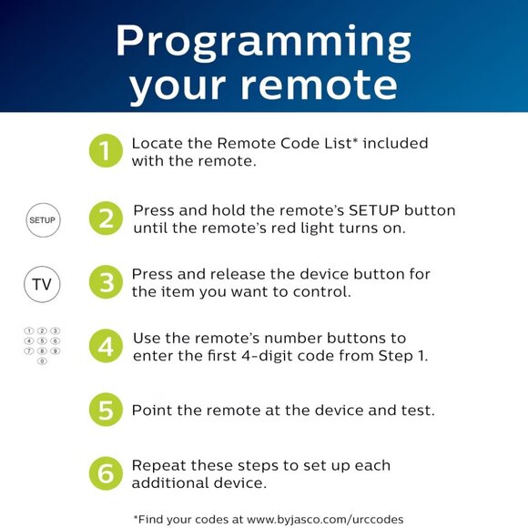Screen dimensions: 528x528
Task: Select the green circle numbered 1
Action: coord(106,151)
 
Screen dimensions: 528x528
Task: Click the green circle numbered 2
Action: coord(106,218)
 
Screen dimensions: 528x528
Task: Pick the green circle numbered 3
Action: coord(106,283)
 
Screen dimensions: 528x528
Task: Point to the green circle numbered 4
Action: coord(106,347)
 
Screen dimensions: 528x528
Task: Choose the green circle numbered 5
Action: coord(106,411)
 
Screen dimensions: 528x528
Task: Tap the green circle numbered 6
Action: coord(106,473)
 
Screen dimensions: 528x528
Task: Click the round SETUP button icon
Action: coord(42,220)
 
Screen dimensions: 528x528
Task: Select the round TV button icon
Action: coord(42,284)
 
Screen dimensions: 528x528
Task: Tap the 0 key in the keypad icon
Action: coord(42,361)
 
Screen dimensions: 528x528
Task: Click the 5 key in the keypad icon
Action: coord(42,340)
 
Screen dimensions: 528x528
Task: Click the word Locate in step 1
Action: coord(155,144)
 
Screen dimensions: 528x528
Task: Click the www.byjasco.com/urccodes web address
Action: coord(324,519)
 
